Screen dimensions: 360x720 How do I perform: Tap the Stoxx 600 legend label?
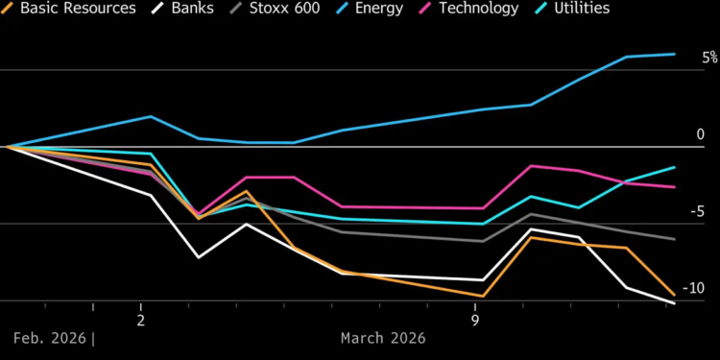tap(299, 9)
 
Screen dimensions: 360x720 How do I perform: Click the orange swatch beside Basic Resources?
tap(8, 9)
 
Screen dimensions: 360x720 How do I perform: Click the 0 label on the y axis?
tap(700, 135)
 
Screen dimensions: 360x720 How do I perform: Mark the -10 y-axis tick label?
tap(693, 289)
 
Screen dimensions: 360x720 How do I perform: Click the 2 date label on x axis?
tap(141, 319)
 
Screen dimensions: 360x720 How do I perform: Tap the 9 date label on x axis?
tap(476, 319)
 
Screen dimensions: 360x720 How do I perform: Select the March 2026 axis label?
tap(383, 339)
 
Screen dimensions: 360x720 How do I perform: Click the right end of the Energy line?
tap(675, 55)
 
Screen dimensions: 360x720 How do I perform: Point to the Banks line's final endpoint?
tap(675, 303)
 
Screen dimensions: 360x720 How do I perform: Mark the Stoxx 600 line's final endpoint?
tap(675, 239)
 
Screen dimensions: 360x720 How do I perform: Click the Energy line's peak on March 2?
tap(151, 117)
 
